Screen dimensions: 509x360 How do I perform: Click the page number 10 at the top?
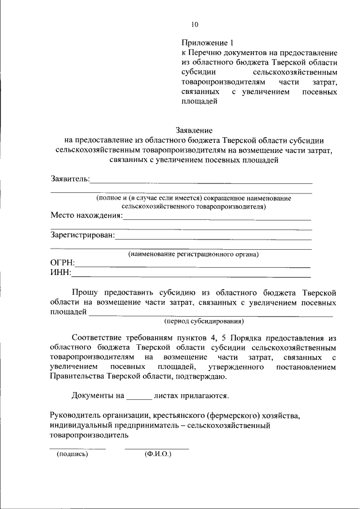195,24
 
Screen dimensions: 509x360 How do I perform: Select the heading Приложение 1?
206,43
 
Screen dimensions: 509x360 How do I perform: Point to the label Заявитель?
70,179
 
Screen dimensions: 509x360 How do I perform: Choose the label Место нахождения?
86,215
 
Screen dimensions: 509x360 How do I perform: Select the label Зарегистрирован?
82,235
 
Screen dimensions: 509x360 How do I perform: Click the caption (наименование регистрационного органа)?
193,254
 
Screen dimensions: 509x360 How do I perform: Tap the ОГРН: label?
62,263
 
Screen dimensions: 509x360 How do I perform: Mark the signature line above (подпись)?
78,448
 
